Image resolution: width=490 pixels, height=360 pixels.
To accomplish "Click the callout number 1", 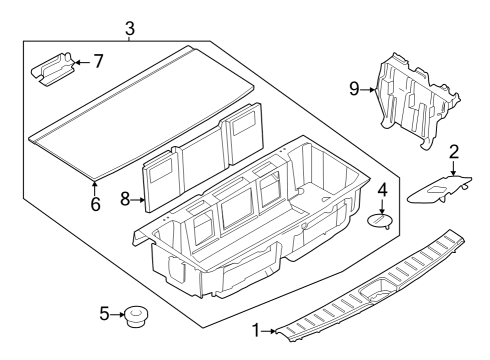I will pyautogui.click(x=256, y=329).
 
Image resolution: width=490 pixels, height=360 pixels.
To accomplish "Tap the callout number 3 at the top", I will pyautogui.click(x=129, y=27).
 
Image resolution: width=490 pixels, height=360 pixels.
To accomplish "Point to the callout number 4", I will pyautogui.click(x=381, y=189).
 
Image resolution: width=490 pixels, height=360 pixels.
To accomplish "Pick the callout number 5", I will pyautogui.click(x=105, y=314).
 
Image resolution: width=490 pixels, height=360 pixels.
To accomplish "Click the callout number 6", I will pyautogui.click(x=95, y=203).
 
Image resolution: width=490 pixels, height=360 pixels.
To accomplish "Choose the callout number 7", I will pyautogui.click(x=98, y=62).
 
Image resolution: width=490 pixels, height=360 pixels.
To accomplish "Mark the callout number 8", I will pyautogui.click(x=126, y=199).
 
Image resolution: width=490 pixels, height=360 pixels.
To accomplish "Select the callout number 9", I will pyautogui.click(x=353, y=88).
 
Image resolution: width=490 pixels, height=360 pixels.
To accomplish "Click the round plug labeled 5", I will pyautogui.click(x=135, y=318).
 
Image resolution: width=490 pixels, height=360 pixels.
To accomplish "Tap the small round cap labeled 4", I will pyautogui.click(x=380, y=220).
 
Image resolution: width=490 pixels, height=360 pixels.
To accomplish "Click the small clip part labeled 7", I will pyautogui.click(x=57, y=70).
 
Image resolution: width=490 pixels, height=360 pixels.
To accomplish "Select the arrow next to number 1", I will pyautogui.click(x=271, y=329).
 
